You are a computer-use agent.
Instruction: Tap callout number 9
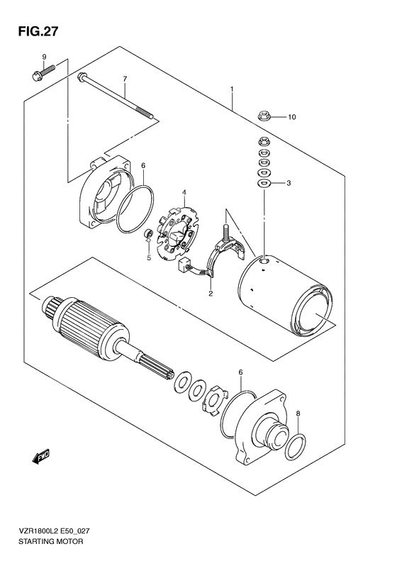tap(43, 57)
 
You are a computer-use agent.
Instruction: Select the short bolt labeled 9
tap(43, 71)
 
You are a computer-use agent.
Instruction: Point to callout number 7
tap(124, 78)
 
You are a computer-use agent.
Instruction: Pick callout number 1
tap(231, 89)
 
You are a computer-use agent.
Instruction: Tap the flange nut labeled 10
tap(262, 116)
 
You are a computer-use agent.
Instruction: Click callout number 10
tap(291, 116)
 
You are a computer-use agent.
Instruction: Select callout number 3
tap(289, 184)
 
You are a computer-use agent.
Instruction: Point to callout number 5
tap(148, 258)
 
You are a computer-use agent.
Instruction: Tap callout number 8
tap(298, 413)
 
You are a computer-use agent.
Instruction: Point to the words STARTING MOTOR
tap(50, 541)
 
